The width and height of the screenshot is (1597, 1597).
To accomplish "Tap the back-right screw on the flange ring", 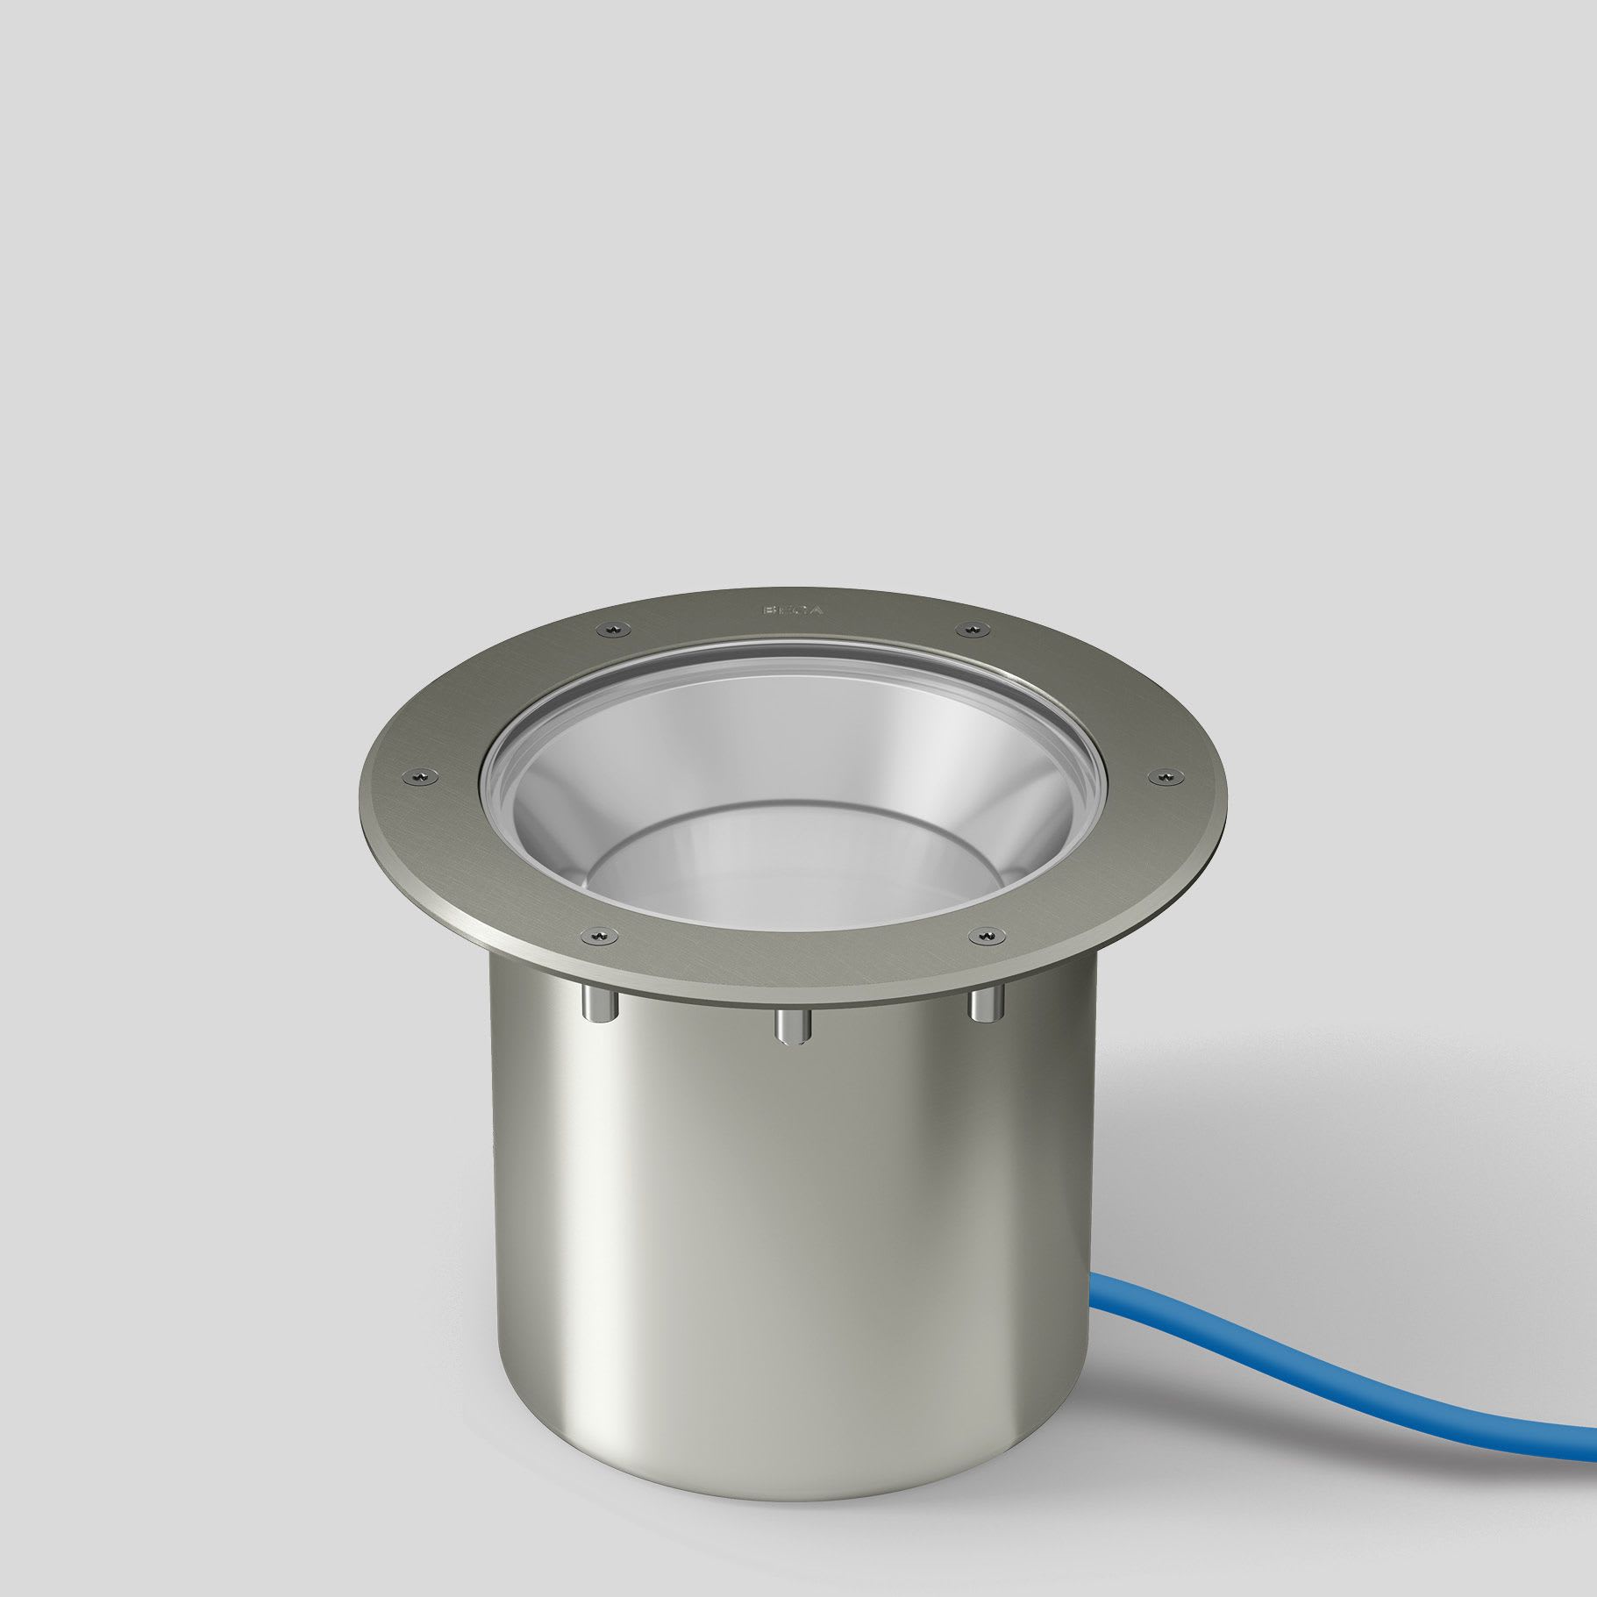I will pos(971,628).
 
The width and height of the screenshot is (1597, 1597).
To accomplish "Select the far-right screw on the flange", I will pos(1164,774).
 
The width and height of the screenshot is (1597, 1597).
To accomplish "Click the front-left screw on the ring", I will pos(599,937).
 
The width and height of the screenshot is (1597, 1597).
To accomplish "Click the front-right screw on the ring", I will pos(985,938).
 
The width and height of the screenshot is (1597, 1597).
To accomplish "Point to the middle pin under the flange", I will pos(791,1023).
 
